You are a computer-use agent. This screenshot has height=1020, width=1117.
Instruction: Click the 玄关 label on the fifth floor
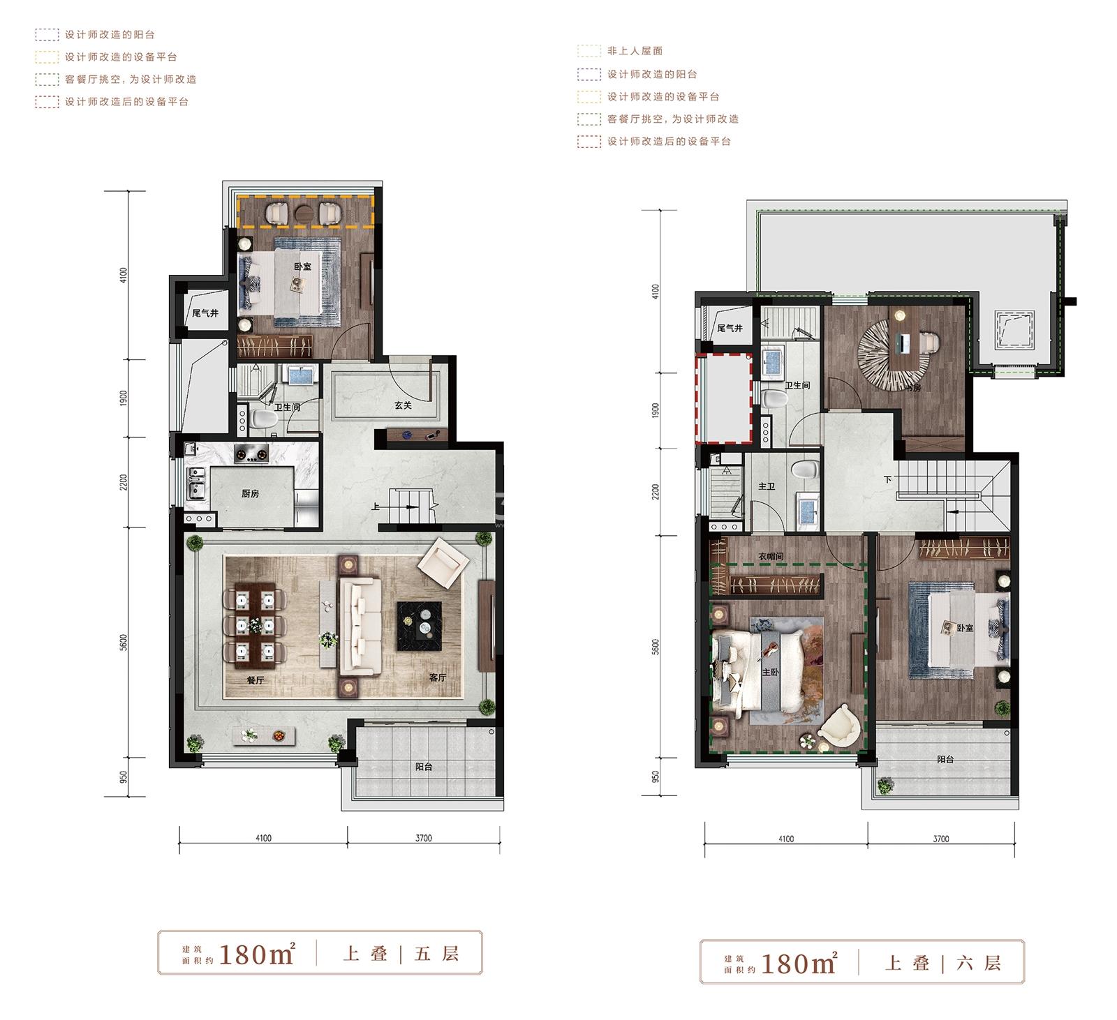point(403,405)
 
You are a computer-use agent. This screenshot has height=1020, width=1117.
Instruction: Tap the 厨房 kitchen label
point(250,493)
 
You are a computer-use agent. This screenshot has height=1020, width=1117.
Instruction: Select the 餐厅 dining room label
point(256,680)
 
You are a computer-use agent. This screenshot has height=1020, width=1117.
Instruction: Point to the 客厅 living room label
point(437,677)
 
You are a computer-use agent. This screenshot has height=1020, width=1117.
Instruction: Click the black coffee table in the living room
point(420,626)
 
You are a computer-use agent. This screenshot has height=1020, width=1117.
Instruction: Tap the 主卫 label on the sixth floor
point(767,486)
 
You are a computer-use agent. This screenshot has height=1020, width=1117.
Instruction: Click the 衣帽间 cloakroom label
point(771,557)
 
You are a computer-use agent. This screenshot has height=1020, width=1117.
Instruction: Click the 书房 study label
point(912,388)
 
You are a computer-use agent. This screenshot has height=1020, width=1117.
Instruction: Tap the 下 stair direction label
point(887,479)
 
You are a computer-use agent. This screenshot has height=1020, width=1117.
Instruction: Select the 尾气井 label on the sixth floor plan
point(730,328)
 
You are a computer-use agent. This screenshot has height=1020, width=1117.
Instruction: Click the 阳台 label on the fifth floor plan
point(424,767)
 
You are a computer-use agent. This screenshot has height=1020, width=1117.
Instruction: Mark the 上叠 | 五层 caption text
point(401,953)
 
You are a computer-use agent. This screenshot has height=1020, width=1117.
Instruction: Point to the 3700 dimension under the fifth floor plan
point(424,838)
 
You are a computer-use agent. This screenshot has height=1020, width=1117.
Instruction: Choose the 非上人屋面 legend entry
point(635,51)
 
